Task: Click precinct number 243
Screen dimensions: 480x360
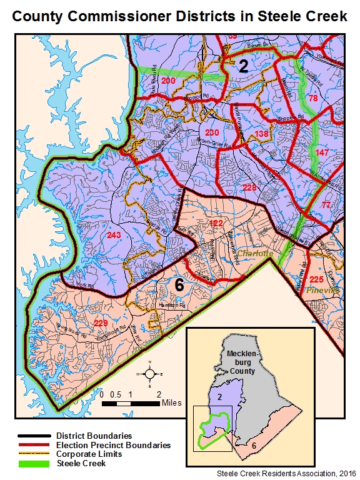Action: coord(114,235)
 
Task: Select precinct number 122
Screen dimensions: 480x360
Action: coord(216,223)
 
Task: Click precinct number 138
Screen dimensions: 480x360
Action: coord(261,134)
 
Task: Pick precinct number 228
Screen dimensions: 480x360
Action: coord(249,187)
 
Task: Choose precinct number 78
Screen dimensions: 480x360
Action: coord(313,99)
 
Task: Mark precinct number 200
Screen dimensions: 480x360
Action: coord(168,81)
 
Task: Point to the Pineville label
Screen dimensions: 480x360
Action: coord(322,291)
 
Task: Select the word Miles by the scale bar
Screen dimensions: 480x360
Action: coord(171,403)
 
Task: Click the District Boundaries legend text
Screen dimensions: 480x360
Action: coord(94,435)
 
